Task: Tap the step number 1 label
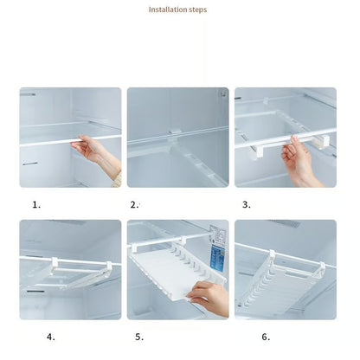[36, 205]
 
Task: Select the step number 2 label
[134, 205]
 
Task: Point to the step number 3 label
[246, 205]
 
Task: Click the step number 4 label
[51, 337]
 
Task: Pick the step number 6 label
[266, 337]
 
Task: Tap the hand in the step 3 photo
[299, 161]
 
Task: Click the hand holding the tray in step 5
[209, 297]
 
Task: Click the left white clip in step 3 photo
[259, 151]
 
